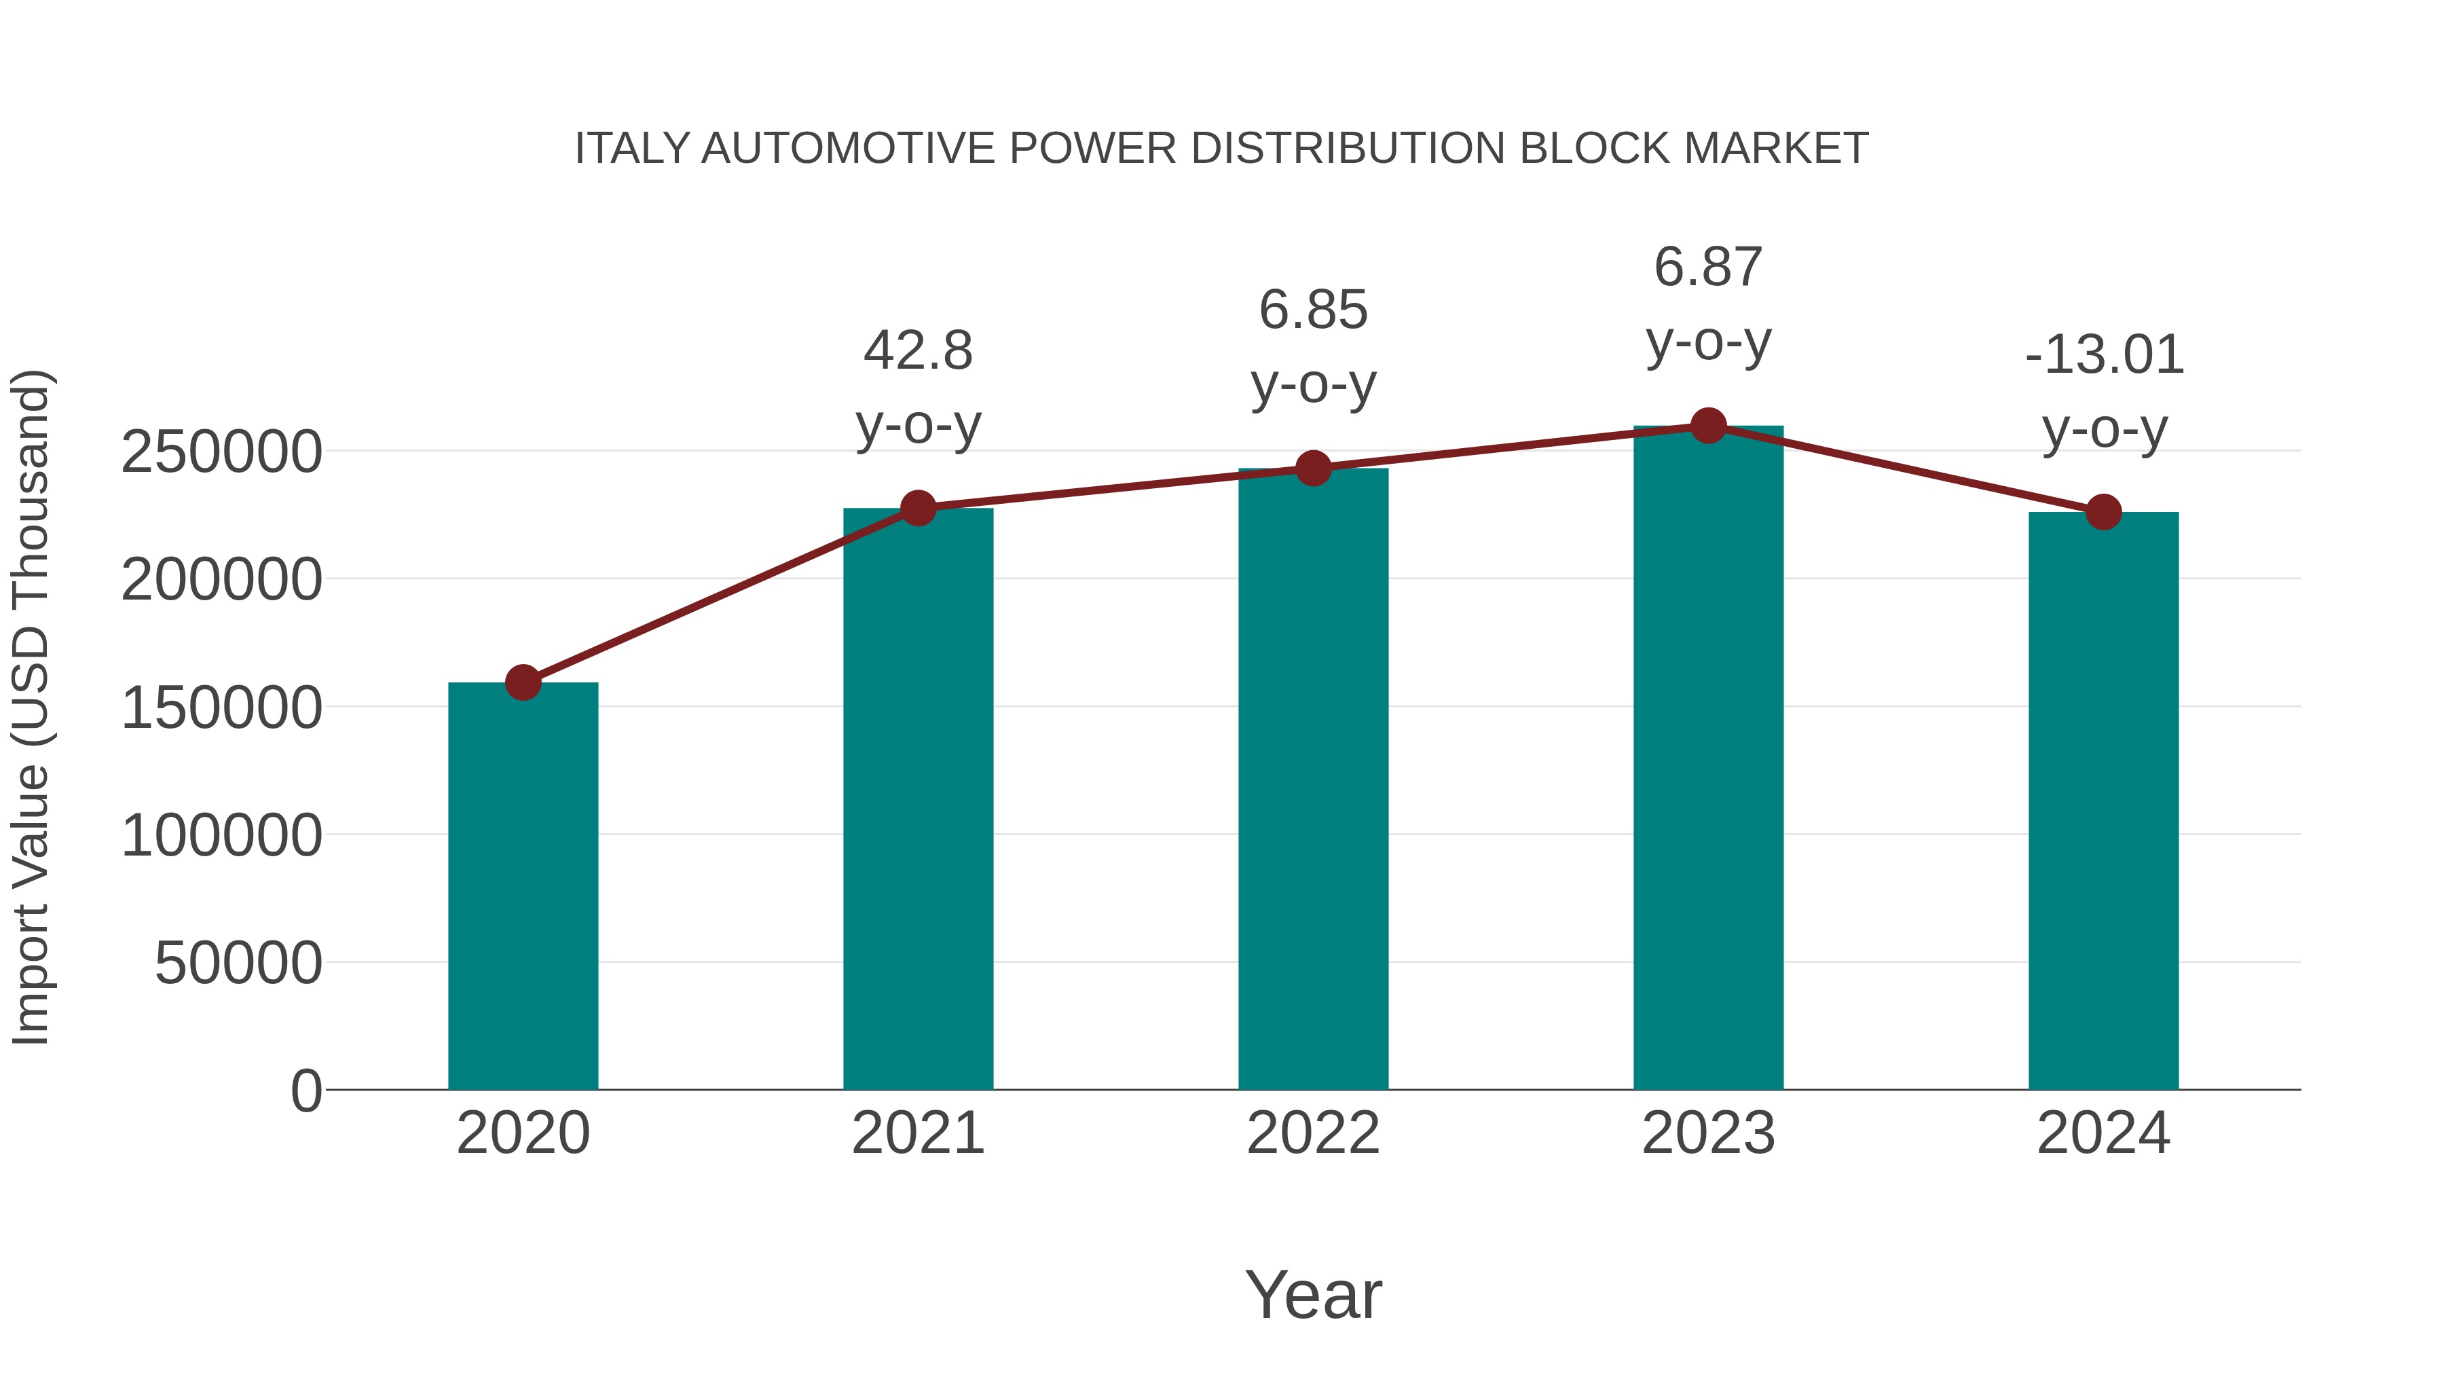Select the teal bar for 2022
point(1313,778)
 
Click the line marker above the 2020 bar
point(523,682)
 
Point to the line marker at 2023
point(1708,426)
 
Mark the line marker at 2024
point(2103,513)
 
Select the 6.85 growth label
point(1313,310)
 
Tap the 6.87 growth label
point(1708,267)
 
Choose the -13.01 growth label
point(2103,355)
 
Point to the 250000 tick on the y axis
point(221,452)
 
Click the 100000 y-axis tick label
point(221,836)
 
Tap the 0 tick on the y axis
point(306,1090)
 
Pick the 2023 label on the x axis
point(1708,1133)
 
